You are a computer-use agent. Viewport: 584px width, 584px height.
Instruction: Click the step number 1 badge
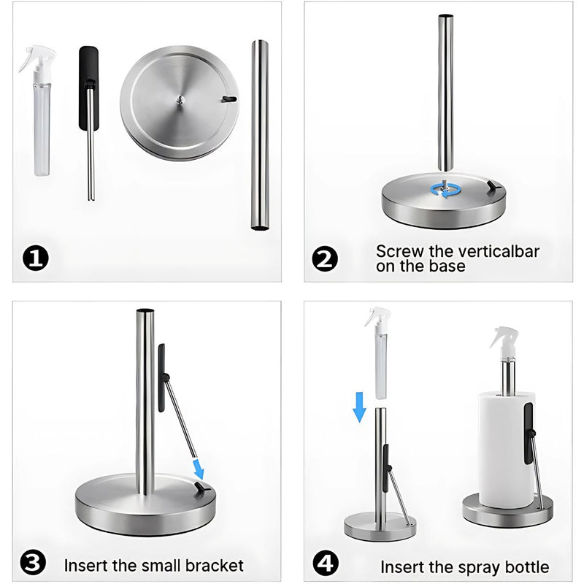pos(36,258)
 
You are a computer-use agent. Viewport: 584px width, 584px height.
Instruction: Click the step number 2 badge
pos(325,258)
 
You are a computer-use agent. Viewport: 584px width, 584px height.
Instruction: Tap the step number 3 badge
pos(33,563)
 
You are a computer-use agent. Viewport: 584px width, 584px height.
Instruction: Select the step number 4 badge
pos(326,563)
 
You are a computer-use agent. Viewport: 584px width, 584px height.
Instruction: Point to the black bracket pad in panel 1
pos(89,88)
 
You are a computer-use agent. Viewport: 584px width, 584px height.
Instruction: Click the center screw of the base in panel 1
pos(180,100)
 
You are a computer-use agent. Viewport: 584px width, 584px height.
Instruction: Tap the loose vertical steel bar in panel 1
pos(260,135)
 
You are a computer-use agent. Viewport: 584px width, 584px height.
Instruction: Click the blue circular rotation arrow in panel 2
pos(446,191)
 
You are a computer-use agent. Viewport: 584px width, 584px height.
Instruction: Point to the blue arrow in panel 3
pos(198,469)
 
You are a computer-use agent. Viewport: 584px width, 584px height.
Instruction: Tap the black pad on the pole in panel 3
pos(162,377)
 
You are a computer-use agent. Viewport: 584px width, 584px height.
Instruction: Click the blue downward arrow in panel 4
pos(359,407)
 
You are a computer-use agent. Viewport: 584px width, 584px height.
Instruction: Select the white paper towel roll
pos(507,449)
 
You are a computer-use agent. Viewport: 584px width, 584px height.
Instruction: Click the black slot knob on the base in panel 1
pos(228,99)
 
